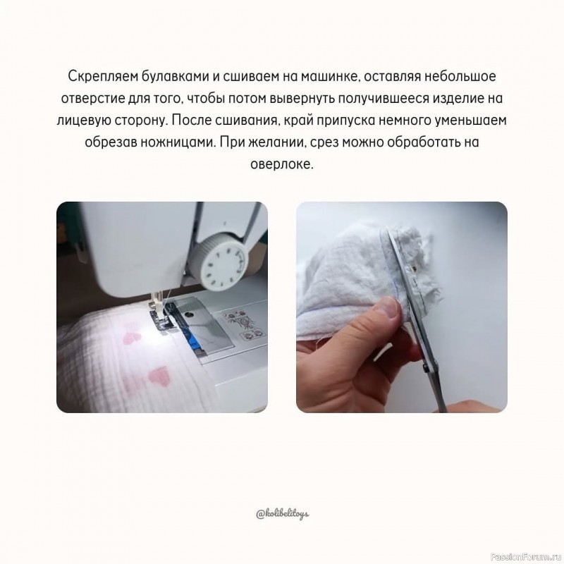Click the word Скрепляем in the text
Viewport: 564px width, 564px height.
point(98,75)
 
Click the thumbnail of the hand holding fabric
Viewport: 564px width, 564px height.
point(401,307)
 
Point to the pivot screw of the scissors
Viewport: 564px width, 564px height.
point(427,367)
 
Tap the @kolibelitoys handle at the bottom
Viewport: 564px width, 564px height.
point(282,513)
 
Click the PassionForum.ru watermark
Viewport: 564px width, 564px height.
point(526,556)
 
